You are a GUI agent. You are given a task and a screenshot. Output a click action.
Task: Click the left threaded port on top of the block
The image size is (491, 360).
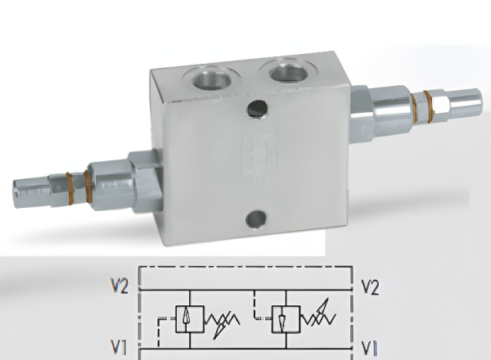(x=212, y=77)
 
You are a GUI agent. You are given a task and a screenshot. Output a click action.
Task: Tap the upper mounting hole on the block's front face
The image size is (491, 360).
(x=258, y=109)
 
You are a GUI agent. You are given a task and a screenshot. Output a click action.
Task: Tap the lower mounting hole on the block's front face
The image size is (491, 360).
(x=256, y=218)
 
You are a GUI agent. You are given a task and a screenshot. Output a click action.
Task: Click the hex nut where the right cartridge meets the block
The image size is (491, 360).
(x=362, y=114)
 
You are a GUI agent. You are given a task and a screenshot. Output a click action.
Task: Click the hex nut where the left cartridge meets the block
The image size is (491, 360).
(x=146, y=182)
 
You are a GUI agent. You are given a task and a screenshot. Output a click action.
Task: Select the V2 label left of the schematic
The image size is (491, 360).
(x=119, y=286)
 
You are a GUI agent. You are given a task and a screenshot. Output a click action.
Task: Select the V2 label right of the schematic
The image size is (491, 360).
(x=370, y=287)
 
